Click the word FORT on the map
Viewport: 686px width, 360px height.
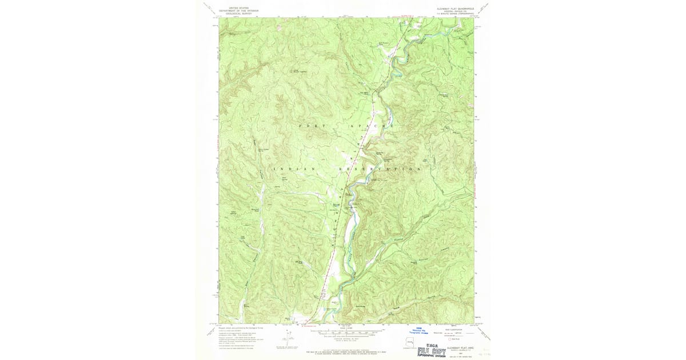coord(308,125)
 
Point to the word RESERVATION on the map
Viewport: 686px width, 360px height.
coord(380,170)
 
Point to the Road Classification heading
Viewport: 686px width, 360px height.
coord(457,329)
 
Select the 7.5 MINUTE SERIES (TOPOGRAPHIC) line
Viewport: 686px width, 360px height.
coord(456,15)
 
